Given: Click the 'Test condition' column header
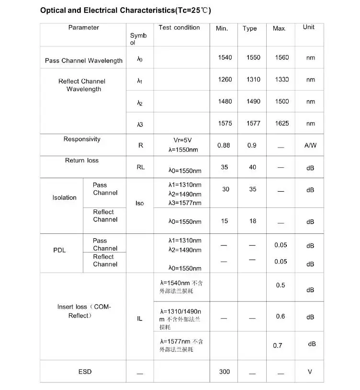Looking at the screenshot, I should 179,28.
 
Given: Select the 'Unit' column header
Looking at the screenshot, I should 309,27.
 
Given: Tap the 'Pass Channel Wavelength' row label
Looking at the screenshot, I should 84,61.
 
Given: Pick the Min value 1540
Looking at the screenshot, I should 225,57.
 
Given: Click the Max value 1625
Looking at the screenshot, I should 282,123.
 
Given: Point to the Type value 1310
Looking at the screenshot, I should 253,80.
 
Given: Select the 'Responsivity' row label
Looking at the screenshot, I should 82,139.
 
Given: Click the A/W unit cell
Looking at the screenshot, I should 310,145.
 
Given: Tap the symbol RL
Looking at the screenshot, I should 140,167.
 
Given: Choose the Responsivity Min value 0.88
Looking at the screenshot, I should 224,145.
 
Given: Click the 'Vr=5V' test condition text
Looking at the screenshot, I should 182,140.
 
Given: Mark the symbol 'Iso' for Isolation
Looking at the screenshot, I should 139,203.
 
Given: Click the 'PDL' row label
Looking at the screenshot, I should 60,250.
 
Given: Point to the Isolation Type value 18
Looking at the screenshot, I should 253,221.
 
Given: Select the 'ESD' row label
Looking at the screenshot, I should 85,372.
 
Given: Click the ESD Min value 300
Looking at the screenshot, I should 225,372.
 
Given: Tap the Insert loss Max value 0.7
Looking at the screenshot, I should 278,345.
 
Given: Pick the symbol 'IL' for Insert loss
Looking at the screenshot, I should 140,319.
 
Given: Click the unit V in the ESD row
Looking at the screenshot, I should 310,372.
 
